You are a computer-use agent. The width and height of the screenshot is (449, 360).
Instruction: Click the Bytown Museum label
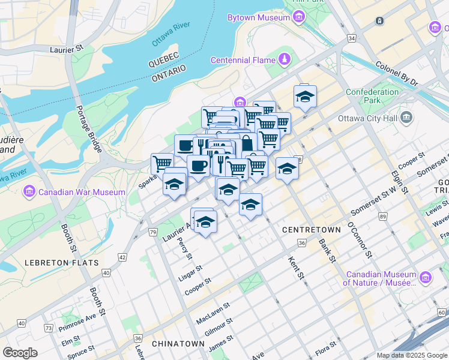259,17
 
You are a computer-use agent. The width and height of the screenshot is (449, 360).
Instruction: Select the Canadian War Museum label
82,192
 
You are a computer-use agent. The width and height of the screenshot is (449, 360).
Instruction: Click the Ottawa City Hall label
367,118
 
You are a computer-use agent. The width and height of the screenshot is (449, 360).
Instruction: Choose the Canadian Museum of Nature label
380,278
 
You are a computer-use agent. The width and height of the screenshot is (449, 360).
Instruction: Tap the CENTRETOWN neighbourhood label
307,230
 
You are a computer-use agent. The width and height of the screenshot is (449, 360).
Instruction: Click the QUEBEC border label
164,59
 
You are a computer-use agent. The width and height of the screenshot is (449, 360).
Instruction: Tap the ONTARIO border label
169,71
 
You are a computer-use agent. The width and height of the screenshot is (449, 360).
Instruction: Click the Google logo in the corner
20,352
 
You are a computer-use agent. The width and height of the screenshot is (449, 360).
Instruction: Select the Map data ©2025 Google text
411,355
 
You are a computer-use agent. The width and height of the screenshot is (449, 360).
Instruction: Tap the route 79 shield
153,232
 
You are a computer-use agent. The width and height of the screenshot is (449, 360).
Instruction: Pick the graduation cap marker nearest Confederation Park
305,96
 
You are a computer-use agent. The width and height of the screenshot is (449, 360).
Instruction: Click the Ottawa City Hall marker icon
408,116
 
